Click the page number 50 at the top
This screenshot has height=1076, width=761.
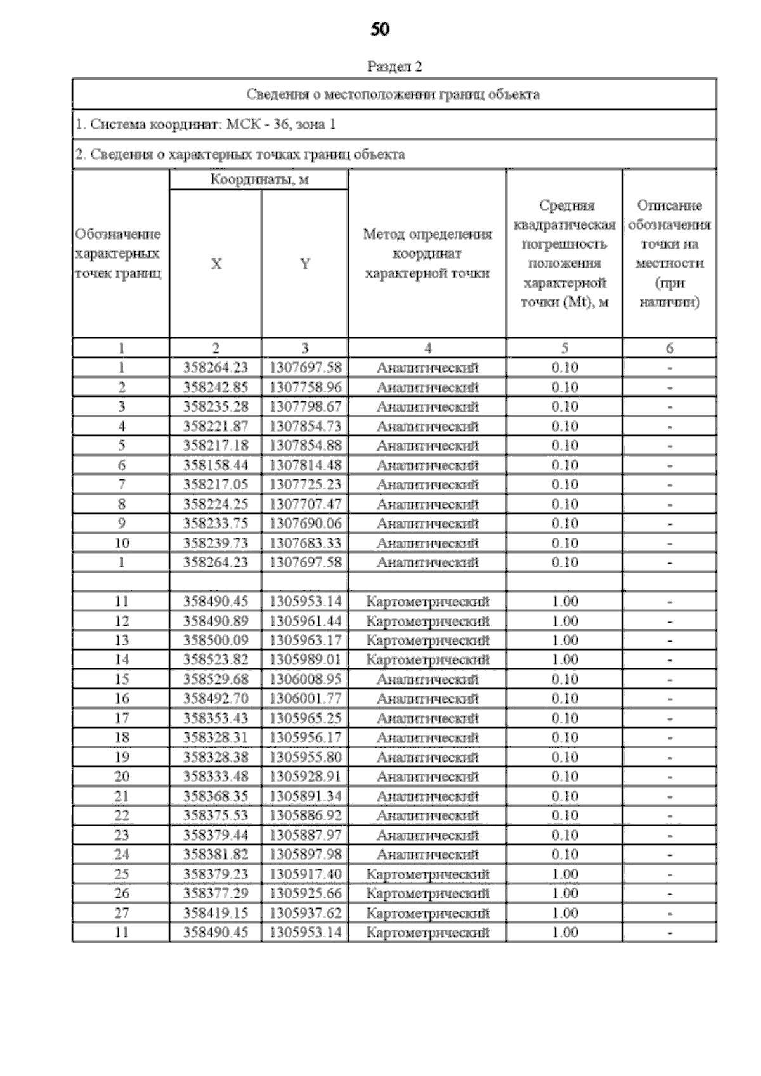pos(380,29)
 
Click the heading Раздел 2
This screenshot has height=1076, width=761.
pos(394,67)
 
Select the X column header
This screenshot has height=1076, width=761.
pos(216,264)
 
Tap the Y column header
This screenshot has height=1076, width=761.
pos(305,264)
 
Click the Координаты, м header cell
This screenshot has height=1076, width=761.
pos(259,179)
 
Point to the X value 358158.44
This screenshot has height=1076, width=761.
pos(216,465)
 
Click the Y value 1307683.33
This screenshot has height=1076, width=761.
pos(305,543)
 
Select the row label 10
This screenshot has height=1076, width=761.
pos(122,543)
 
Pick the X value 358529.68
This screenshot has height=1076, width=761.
pos(216,679)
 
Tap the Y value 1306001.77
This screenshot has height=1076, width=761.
pos(305,699)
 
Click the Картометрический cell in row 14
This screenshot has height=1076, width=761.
pos(428,660)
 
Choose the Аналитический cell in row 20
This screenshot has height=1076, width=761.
pos(428,777)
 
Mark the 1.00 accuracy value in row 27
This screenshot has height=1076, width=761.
pos(564,913)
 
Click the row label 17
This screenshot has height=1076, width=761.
pos(122,718)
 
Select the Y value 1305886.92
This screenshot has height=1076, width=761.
pos(305,815)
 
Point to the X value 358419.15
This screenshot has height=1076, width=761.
pos(216,913)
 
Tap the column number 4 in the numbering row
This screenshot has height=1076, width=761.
pos(428,348)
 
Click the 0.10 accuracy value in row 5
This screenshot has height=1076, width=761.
pos(564,446)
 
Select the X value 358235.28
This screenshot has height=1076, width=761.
pos(216,406)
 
